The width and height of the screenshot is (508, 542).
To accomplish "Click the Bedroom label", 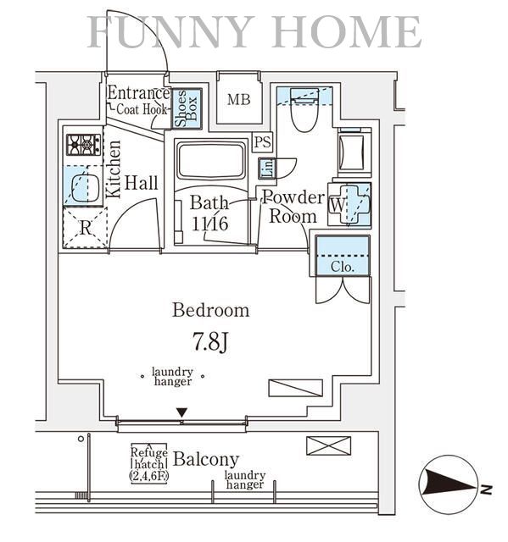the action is (x=210, y=310).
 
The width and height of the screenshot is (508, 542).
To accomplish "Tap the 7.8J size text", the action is (x=210, y=342).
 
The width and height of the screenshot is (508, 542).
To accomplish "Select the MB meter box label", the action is (x=239, y=100).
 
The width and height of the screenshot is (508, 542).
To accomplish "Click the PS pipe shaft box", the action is (x=262, y=141).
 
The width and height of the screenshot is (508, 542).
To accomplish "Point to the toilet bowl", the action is (x=304, y=111).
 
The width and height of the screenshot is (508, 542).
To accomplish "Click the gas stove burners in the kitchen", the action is (x=83, y=145).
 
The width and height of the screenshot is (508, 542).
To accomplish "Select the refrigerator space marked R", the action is (x=85, y=228).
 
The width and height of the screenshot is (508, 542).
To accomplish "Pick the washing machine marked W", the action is (x=349, y=205).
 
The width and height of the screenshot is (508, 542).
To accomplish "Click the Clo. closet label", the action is (x=343, y=267).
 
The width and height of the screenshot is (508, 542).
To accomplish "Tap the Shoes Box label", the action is (x=187, y=108).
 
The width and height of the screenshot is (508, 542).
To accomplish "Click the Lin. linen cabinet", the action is (x=267, y=169).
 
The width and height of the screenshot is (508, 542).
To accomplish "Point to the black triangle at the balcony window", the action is (x=181, y=412).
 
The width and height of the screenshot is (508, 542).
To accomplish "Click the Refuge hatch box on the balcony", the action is (x=148, y=463).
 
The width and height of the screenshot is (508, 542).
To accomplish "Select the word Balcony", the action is (x=206, y=460).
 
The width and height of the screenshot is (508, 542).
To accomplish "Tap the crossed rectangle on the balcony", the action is (x=328, y=445).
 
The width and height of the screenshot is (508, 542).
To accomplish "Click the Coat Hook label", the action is (x=142, y=109).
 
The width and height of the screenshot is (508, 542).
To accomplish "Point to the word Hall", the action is (x=141, y=183).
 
